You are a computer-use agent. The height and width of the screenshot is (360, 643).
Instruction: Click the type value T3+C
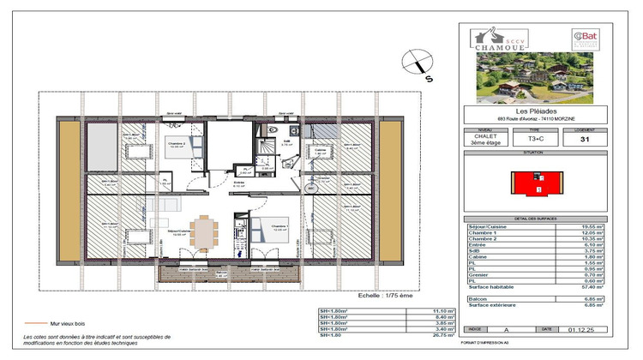[x=537, y=137]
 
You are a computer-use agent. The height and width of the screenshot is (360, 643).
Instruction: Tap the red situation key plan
[x=534, y=183]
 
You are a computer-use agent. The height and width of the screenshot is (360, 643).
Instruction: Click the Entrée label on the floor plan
[x=241, y=183]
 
